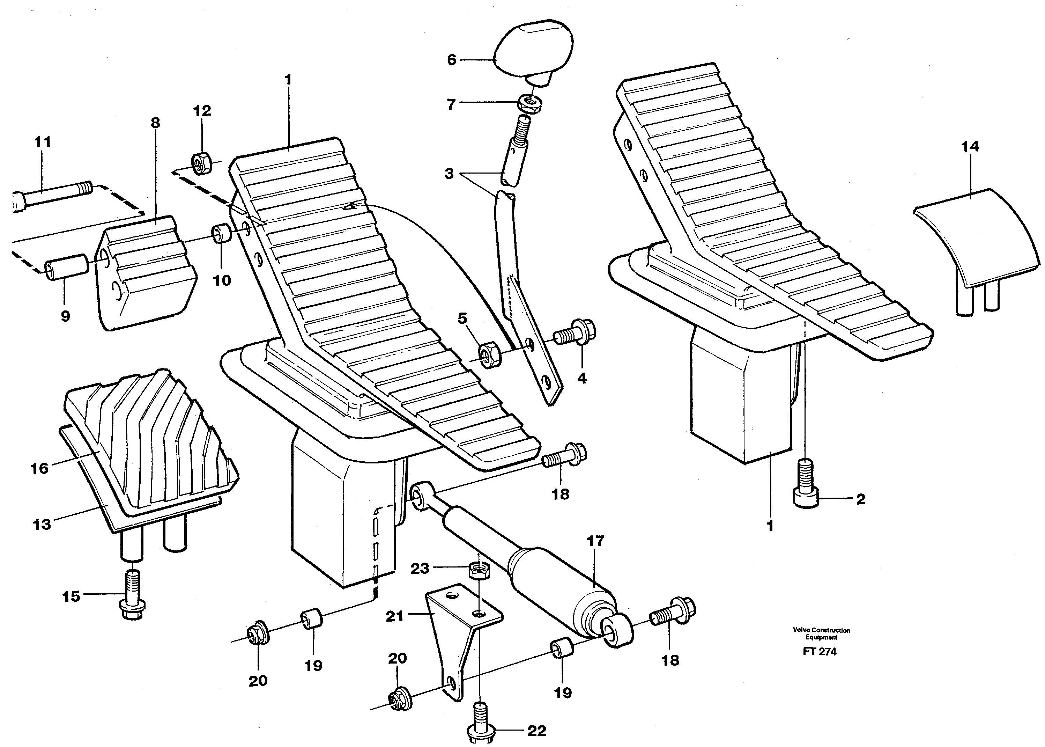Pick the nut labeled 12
click(x=201, y=164)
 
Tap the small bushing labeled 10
click(x=222, y=235)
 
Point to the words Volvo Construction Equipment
click(x=821, y=634)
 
